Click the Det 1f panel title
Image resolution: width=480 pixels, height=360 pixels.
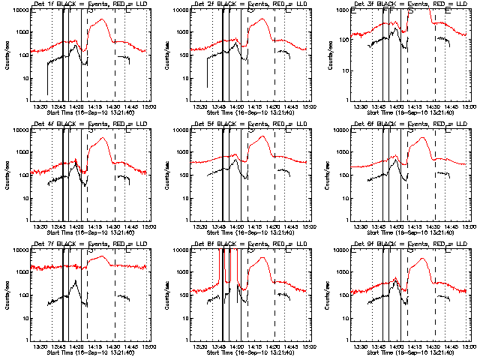[x=90, y=6]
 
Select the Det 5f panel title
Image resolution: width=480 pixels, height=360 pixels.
[x=250, y=125]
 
